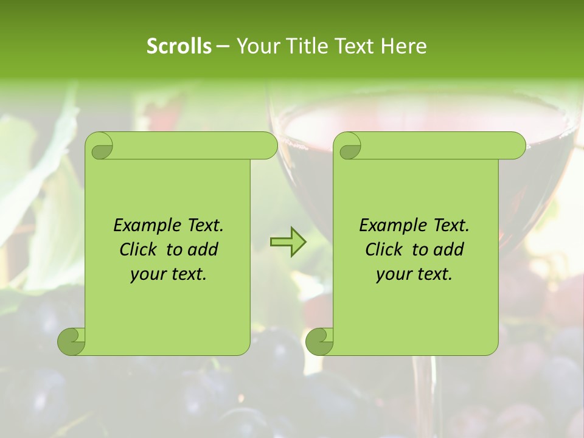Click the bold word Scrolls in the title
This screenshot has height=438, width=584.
tap(179, 46)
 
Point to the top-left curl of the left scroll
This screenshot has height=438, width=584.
tap(99, 147)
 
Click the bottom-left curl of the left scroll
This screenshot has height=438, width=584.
tap(72, 341)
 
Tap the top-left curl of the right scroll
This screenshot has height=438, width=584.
tap(349, 147)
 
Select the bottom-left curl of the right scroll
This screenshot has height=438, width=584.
tap(319, 341)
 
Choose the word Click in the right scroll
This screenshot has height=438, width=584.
tap(383, 249)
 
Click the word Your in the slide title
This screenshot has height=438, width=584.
tap(255, 46)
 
